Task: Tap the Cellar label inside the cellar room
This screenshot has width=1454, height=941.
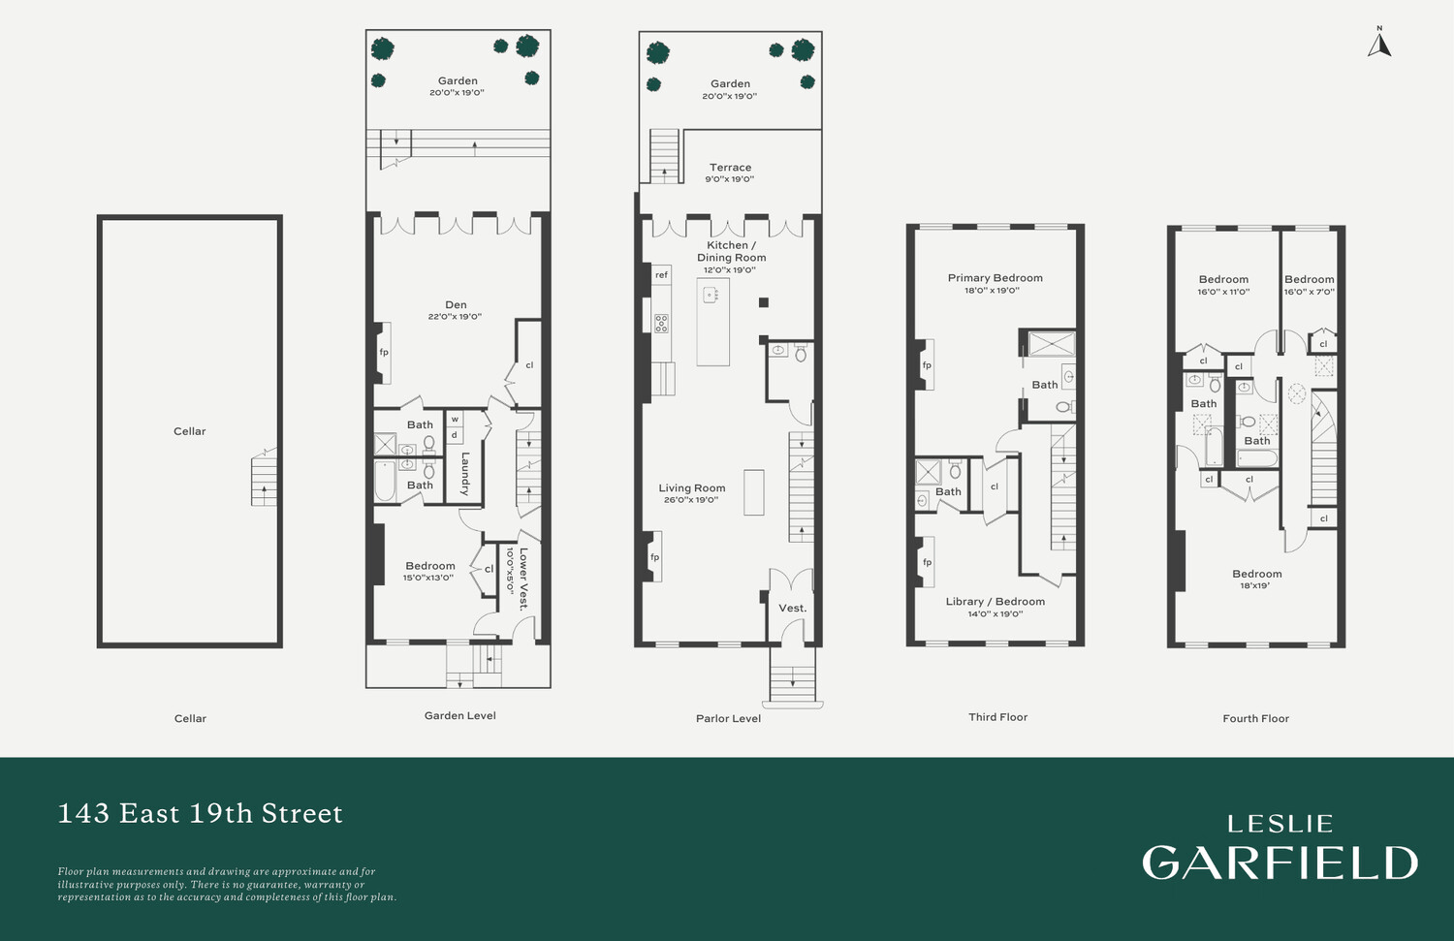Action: [x=190, y=431]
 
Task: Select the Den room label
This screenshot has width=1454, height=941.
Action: [x=456, y=304]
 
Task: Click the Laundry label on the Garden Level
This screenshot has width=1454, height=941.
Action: [x=464, y=474]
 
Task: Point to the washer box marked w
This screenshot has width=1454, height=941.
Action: [x=455, y=420]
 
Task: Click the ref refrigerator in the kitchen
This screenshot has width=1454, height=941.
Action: [x=661, y=275]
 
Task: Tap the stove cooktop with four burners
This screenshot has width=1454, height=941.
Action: [x=661, y=323]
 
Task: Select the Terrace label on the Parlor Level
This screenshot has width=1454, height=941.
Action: [x=730, y=168]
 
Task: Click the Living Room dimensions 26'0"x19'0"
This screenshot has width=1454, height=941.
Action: [x=691, y=500]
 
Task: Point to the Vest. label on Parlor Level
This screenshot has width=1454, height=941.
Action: [x=793, y=608]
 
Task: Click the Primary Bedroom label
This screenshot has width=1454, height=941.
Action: [x=996, y=278]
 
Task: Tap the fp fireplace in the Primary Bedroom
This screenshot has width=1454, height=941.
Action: [x=927, y=364]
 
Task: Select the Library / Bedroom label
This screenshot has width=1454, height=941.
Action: [x=996, y=602]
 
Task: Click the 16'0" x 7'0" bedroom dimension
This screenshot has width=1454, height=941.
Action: [x=1309, y=292]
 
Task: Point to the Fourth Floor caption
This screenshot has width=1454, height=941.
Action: [x=1255, y=718]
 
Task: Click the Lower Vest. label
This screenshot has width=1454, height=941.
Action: [x=523, y=579]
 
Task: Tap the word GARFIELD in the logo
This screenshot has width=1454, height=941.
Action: [x=1280, y=863]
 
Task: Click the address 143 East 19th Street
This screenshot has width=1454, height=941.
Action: [x=200, y=813]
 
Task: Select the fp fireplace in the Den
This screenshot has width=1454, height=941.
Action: [x=383, y=353]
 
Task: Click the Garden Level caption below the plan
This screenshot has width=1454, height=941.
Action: [x=459, y=716]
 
